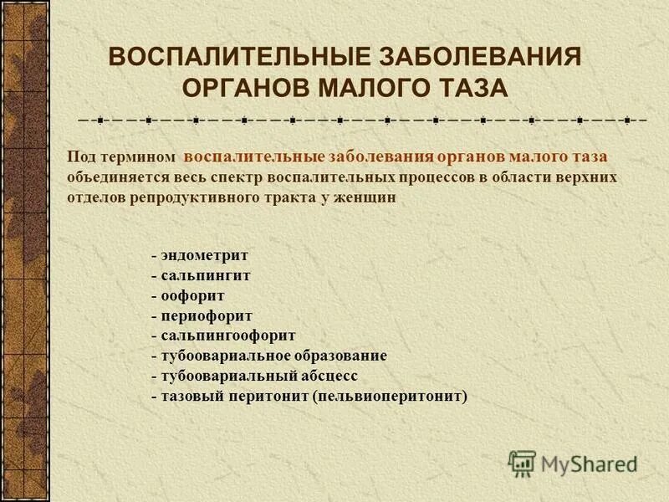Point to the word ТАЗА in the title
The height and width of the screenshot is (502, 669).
(x=468, y=87)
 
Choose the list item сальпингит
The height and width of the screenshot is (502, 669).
(x=204, y=275)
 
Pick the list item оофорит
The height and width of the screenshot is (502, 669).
(x=192, y=295)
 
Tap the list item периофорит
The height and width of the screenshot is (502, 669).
(x=205, y=315)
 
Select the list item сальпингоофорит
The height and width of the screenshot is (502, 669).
(x=227, y=336)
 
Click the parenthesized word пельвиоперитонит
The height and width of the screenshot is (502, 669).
(x=390, y=396)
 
